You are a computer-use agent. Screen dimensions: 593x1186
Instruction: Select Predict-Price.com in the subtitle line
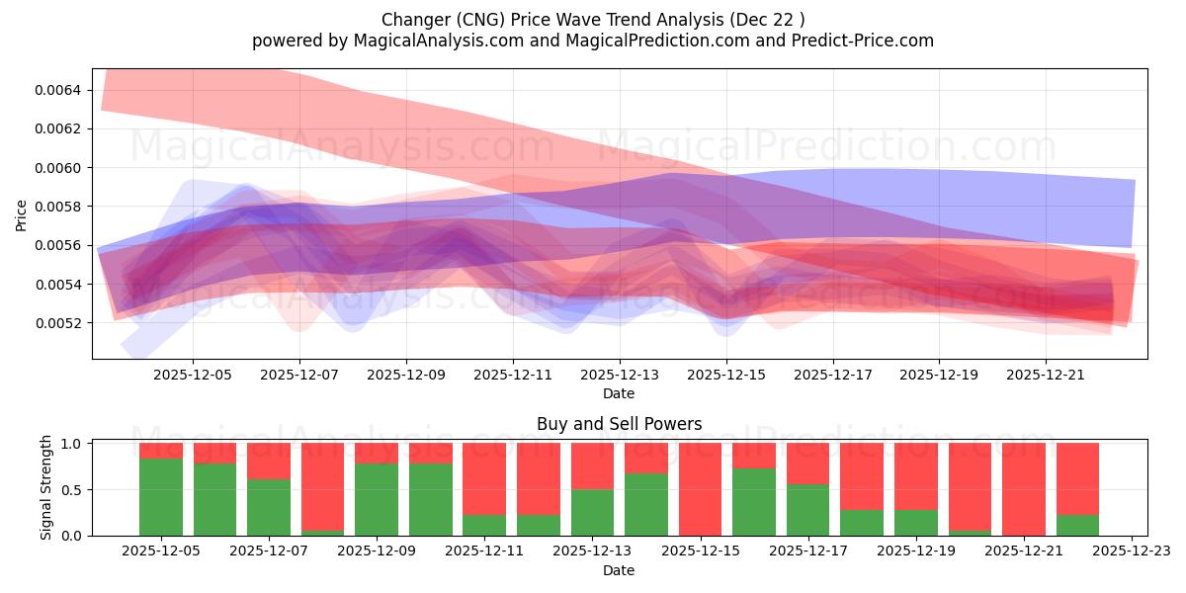click(x=857, y=41)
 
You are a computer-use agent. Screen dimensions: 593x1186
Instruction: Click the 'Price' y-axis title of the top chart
click(x=22, y=213)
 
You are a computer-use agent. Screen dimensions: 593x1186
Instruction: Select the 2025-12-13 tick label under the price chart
click(x=619, y=376)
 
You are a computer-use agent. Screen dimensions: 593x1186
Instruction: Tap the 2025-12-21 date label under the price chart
click(x=1046, y=376)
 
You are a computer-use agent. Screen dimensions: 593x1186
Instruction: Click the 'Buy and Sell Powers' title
click(x=619, y=424)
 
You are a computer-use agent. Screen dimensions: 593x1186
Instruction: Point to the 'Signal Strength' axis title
click(x=46, y=487)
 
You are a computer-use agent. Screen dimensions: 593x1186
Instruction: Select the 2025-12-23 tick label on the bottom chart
click(x=1131, y=552)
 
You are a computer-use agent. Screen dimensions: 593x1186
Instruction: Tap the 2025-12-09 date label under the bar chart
click(x=377, y=552)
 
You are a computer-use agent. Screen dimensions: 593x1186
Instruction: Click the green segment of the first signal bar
click(x=161, y=497)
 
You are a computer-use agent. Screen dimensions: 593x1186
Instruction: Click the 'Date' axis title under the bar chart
click(x=619, y=570)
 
